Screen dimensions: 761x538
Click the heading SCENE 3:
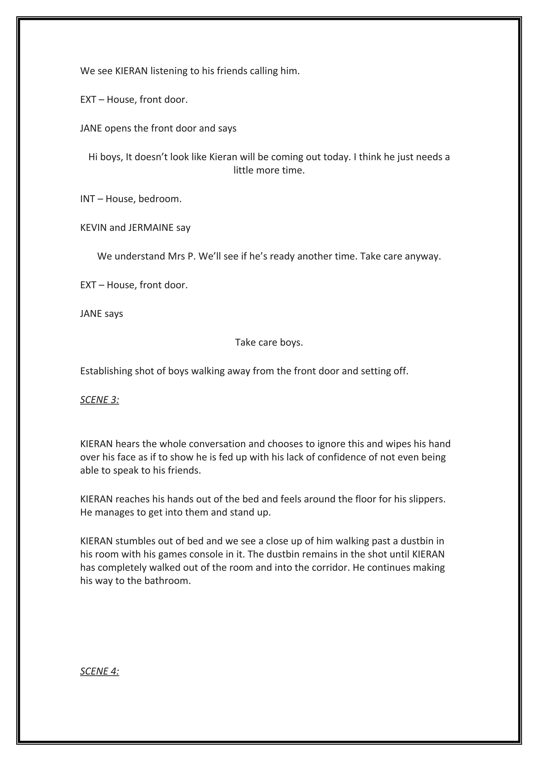pyautogui.click(x=100, y=400)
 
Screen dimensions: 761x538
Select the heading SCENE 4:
pyautogui.click(x=100, y=671)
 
